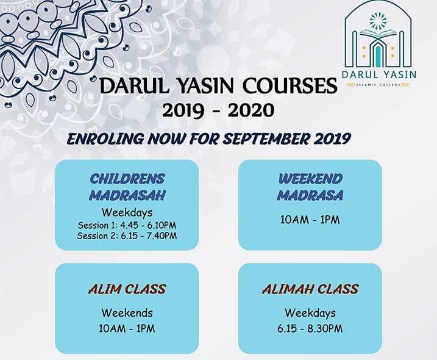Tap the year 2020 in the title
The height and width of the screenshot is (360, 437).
tap(251, 110)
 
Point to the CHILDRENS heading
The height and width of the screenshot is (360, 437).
tap(127, 179)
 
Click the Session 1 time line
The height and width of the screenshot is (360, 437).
tap(127, 225)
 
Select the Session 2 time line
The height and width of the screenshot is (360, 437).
tap(127, 236)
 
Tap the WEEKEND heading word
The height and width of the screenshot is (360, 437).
tap(310, 179)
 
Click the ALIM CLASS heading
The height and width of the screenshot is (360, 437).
tap(127, 289)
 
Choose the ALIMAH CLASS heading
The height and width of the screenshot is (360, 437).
tap(310, 289)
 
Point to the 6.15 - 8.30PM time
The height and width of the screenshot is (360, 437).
tap(310, 328)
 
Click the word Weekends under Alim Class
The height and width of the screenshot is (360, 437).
tap(127, 312)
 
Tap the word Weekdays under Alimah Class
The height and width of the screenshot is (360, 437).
tap(310, 312)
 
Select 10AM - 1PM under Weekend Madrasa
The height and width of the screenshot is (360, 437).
tap(310, 220)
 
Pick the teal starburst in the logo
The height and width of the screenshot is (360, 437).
tap(378, 20)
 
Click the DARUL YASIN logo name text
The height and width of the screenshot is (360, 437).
tap(379, 74)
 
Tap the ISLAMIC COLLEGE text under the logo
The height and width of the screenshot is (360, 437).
tap(378, 85)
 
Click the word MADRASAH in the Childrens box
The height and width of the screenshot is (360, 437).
tap(127, 195)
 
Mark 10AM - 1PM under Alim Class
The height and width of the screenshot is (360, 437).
tap(127, 328)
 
